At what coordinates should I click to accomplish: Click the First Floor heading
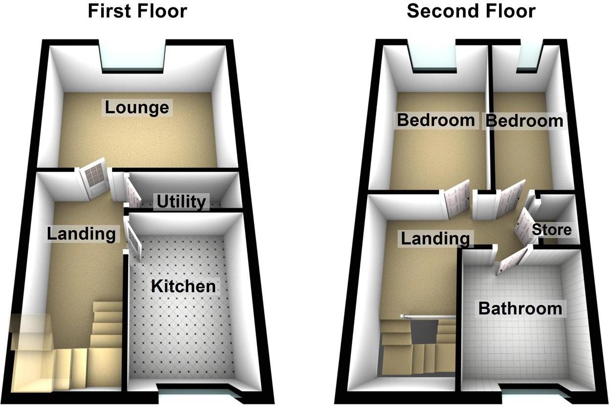point(137,11)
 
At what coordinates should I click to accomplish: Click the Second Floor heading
point(471,11)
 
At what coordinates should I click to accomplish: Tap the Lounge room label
point(137,107)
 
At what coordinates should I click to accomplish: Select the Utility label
point(181,202)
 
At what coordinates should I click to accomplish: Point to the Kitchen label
point(183,286)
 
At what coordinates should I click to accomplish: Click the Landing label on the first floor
point(82,234)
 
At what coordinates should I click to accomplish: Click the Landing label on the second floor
point(435,239)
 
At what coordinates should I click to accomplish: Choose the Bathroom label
point(520,309)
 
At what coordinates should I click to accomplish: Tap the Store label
point(551,229)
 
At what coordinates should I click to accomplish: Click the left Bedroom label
point(436,120)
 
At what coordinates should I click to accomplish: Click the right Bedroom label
point(524,121)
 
